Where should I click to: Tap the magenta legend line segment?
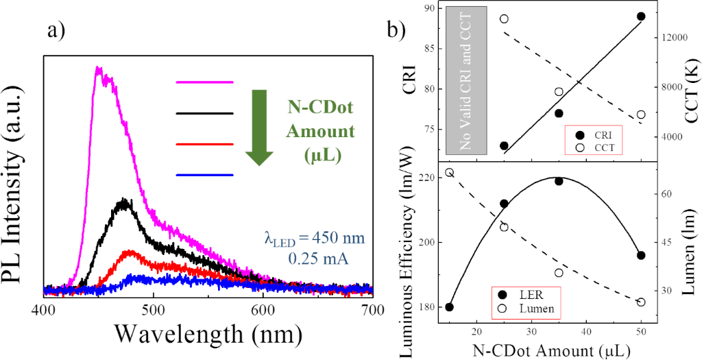[205, 82]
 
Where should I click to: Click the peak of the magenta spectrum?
[99, 67]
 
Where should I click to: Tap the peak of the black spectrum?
[124, 200]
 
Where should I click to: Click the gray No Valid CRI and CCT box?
[465, 80]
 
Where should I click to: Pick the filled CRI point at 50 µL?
[641, 16]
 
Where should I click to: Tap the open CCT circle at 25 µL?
[504, 19]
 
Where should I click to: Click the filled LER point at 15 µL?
[449, 307]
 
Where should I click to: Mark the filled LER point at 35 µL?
[559, 181]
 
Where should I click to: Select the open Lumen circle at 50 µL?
[641, 302]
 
